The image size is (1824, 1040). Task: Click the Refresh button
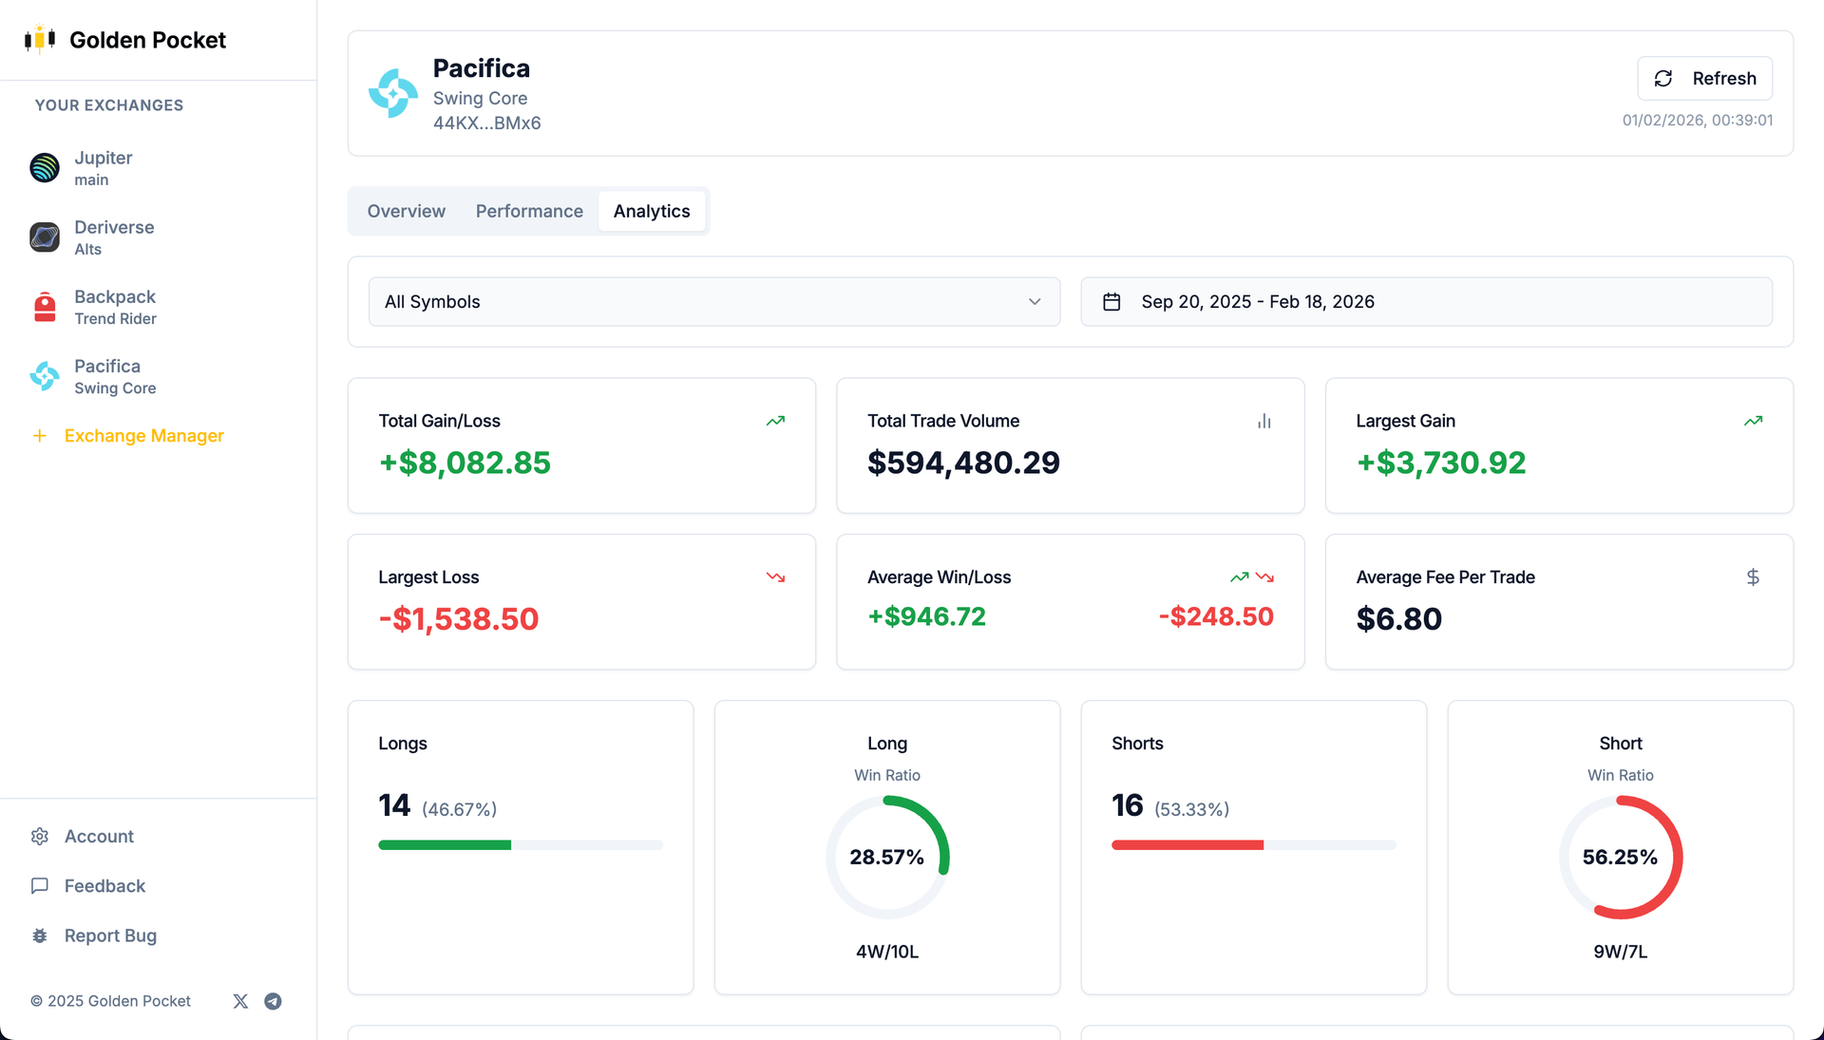[x=1704, y=78]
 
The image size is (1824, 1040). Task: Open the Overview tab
[x=406, y=211]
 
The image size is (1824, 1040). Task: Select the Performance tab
[x=529, y=211]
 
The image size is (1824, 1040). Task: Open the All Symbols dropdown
[x=713, y=302]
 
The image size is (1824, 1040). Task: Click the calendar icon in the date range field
[x=1111, y=302]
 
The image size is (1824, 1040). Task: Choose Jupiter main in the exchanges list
[x=103, y=168]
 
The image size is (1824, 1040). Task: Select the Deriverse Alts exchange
[x=113, y=237]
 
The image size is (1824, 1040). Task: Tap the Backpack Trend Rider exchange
[x=114, y=307]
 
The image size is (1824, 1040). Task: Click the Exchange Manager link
[x=143, y=436]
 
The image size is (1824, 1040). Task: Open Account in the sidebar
[x=99, y=837]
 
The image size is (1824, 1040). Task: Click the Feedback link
[x=104, y=886]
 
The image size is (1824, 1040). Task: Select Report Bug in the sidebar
[x=110, y=936]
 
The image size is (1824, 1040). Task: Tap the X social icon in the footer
[x=240, y=1001]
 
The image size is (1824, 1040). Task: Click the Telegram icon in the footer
[x=273, y=1001]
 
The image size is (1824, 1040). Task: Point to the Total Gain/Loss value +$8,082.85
[x=465, y=463]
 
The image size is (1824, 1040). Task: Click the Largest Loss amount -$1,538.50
[x=459, y=619]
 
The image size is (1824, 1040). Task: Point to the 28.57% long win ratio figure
[x=886, y=858]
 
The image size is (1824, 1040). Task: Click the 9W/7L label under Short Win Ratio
[x=1620, y=952]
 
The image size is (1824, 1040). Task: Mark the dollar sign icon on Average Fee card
[x=1753, y=577]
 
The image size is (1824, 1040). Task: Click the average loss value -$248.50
[x=1216, y=616]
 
